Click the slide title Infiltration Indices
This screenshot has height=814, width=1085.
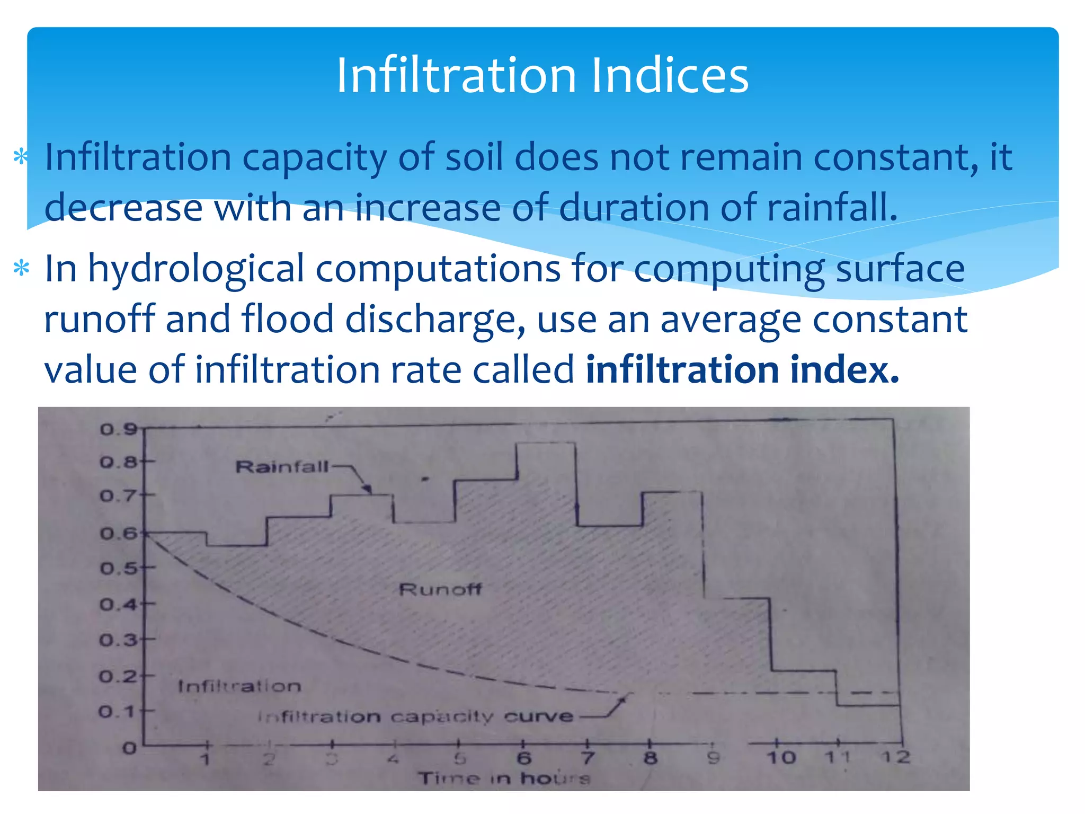(x=542, y=75)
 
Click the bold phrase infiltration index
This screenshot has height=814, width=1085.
(x=742, y=369)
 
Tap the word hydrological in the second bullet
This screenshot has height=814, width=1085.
(x=195, y=269)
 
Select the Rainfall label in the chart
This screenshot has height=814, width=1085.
(x=282, y=467)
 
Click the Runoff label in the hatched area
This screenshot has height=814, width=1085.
(x=440, y=589)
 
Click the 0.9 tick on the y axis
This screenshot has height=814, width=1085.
(x=119, y=429)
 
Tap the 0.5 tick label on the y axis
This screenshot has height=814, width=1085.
(x=119, y=569)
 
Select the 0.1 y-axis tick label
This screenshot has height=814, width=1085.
(x=118, y=711)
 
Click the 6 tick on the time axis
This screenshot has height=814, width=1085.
(x=524, y=758)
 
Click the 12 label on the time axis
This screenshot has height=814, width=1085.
(x=895, y=757)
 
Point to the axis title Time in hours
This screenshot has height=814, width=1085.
(x=504, y=778)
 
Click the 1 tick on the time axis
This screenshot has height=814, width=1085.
(x=206, y=759)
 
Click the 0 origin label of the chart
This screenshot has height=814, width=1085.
(x=129, y=748)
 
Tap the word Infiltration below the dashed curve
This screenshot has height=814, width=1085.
(x=239, y=686)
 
